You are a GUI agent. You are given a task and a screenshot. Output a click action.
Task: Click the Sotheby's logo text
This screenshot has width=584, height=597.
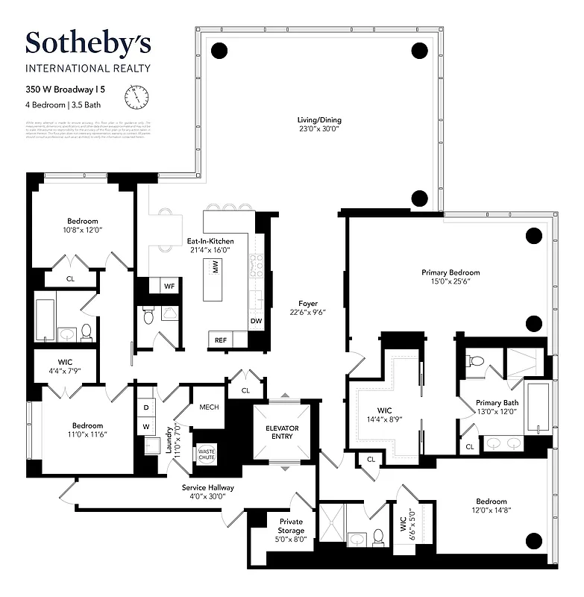[x=87, y=43]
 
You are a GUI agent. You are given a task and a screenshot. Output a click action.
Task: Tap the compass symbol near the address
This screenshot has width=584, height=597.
[x=136, y=97]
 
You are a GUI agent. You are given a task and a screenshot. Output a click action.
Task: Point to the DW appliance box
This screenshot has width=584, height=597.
[x=257, y=322]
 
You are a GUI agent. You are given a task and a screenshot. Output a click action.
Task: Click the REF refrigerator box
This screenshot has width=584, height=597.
[x=220, y=340]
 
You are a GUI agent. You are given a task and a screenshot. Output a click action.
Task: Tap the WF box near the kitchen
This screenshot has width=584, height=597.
[x=169, y=285]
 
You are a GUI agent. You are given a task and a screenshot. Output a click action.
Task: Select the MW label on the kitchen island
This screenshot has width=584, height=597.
[x=216, y=275]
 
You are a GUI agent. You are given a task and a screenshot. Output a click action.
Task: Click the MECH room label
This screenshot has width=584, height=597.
[x=208, y=408]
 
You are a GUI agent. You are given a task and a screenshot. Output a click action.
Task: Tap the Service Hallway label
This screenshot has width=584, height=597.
[x=208, y=492]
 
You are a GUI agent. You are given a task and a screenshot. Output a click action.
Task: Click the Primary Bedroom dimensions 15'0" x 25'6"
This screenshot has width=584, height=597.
[x=450, y=282]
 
